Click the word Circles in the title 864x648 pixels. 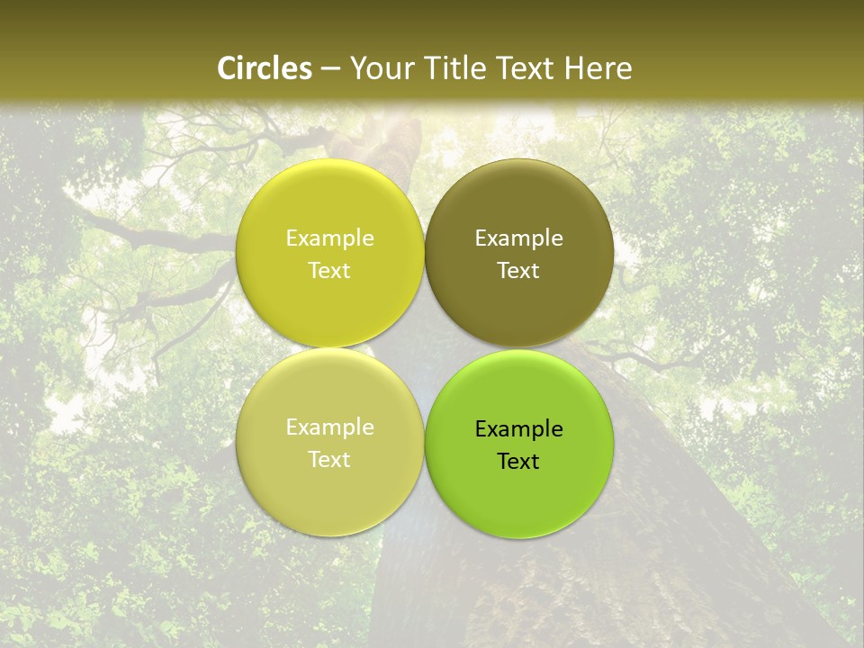264,68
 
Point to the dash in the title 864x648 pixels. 330,69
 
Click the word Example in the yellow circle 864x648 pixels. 329,238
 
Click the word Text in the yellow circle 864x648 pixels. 329,270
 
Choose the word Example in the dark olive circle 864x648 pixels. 518,238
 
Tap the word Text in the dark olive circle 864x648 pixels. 518,270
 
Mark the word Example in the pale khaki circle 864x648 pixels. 329,427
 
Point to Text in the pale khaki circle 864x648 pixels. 329,459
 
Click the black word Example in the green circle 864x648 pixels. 518,429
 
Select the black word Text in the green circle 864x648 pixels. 518,461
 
